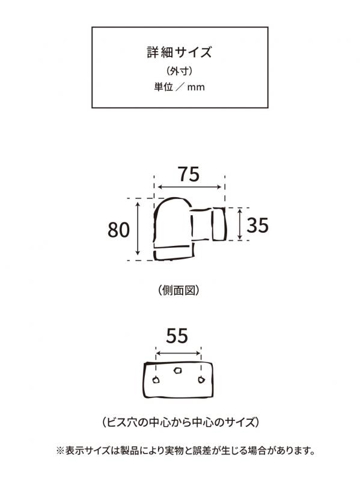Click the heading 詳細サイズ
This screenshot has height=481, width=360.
pyautogui.click(x=179, y=52)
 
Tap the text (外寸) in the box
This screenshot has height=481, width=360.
pyautogui.click(x=180, y=71)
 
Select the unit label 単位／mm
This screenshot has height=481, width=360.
pyautogui.click(x=179, y=87)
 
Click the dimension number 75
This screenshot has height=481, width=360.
pyautogui.click(x=189, y=174)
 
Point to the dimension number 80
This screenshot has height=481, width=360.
pyautogui.click(x=118, y=230)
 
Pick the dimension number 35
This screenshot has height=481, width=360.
pyautogui.click(x=258, y=225)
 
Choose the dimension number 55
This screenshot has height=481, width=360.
pyautogui.click(x=177, y=335)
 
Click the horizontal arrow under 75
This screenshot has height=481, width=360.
pyautogui.click(x=189, y=187)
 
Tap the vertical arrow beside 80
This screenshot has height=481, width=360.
pyautogui.click(x=138, y=228)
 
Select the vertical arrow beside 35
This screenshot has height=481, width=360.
pyautogui.click(x=240, y=224)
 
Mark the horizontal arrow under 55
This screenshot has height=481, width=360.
pyautogui.click(x=178, y=354)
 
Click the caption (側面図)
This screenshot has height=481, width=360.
pyautogui.click(x=179, y=290)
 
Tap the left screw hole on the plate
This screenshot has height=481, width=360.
pyautogui.click(x=156, y=380)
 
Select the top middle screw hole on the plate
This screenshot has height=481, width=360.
pyautogui.click(x=177, y=370)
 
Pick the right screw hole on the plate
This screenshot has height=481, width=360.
pyautogui.click(x=201, y=380)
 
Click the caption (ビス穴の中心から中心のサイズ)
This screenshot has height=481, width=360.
pyautogui.click(x=180, y=423)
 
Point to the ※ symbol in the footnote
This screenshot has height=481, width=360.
pyautogui.click(x=59, y=451)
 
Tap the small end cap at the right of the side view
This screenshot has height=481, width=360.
pyautogui.click(x=219, y=224)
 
